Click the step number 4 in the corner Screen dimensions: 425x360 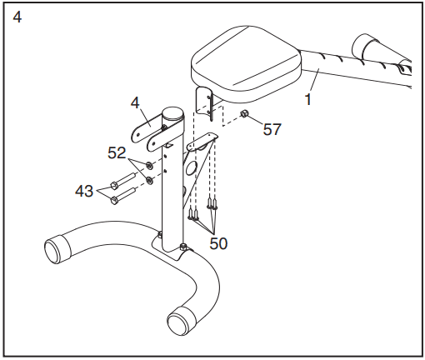pyautogui.click(x=17, y=17)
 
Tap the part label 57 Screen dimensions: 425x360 pyautogui.click(x=272, y=129)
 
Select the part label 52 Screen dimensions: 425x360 pyautogui.click(x=117, y=152)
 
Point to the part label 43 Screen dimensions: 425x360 pyautogui.click(x=84, y=191)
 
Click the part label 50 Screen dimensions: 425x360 pyautogui.click(x=218, y=243)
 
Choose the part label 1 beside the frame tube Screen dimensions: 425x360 pyautogui.click(x=307, y=100)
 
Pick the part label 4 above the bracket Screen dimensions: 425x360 pyautogui.click(x=135, y=103)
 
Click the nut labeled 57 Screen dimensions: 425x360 pyautogui.click(x=244, y=113)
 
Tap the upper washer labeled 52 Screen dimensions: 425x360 pyautogui.click(x=149, y=166)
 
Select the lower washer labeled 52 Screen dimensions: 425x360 pyautogui.click(x=149, y=181)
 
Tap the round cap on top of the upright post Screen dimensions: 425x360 pyautogui.click(x=172, y=113)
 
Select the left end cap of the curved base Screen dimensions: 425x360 pyautogui.click(x=57, y=248)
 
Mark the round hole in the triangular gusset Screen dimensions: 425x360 pyautogui.click(x=192, y=168)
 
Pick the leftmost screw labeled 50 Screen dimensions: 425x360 pyautogui.click(x=191, y=213)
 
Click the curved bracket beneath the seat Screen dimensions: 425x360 pyautogui.click(x=205, y=102)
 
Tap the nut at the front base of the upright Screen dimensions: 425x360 pyautogui.click(x=183, y=247)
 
